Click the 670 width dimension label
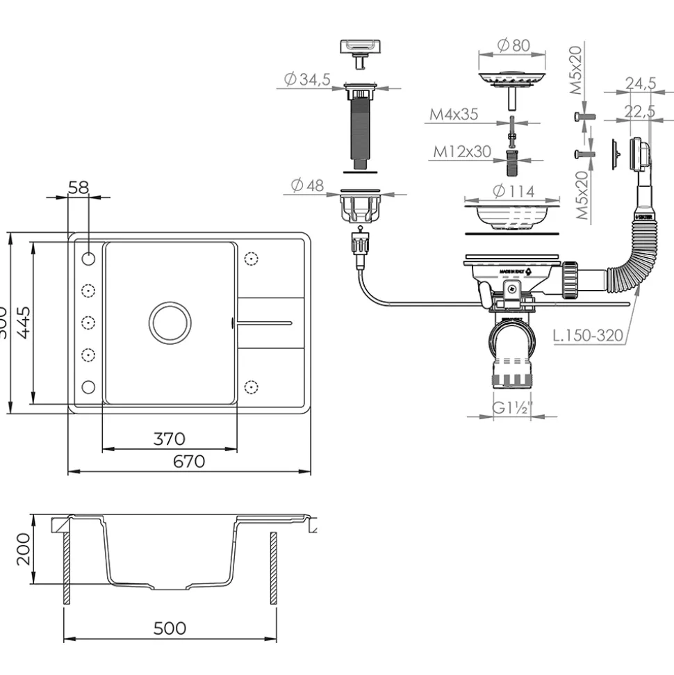(189, 461)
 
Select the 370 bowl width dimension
(169, 439)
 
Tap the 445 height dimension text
(23, 322)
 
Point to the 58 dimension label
(79, 187)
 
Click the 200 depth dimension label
(23, 549)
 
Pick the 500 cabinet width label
(170, 628)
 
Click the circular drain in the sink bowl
(169, 322)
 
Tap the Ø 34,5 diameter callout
(306, 80)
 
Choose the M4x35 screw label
(453, 115)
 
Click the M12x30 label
(462, 151)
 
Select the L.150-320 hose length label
(588, 336)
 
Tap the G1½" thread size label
(511, 409)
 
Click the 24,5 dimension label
(640, 83)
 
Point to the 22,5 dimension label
(640, 111)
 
